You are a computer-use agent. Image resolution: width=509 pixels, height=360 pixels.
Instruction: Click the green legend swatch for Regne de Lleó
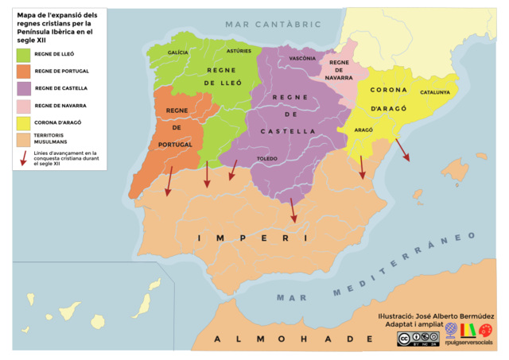tap(23, 54)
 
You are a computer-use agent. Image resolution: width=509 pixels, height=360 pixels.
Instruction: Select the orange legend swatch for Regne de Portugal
tap(23, 71)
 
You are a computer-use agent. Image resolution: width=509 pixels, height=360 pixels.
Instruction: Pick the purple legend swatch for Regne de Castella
tap(23, 87)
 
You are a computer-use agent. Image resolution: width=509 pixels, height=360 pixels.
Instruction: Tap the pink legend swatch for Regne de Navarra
tap(23, 105)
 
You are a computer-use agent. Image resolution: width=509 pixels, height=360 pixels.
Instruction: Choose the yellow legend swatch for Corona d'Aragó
tap(23, 122)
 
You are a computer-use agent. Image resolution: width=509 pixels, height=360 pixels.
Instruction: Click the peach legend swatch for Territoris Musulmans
tap(23, 139)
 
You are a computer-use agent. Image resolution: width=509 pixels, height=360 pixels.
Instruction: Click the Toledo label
tap(267, 160)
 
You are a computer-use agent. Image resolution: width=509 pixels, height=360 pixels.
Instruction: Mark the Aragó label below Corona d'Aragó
tap(363, 128)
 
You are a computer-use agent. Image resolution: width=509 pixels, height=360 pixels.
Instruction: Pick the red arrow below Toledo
tap(293, 210)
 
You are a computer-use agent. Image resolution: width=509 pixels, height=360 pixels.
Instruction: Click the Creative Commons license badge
tap(418, 339)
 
